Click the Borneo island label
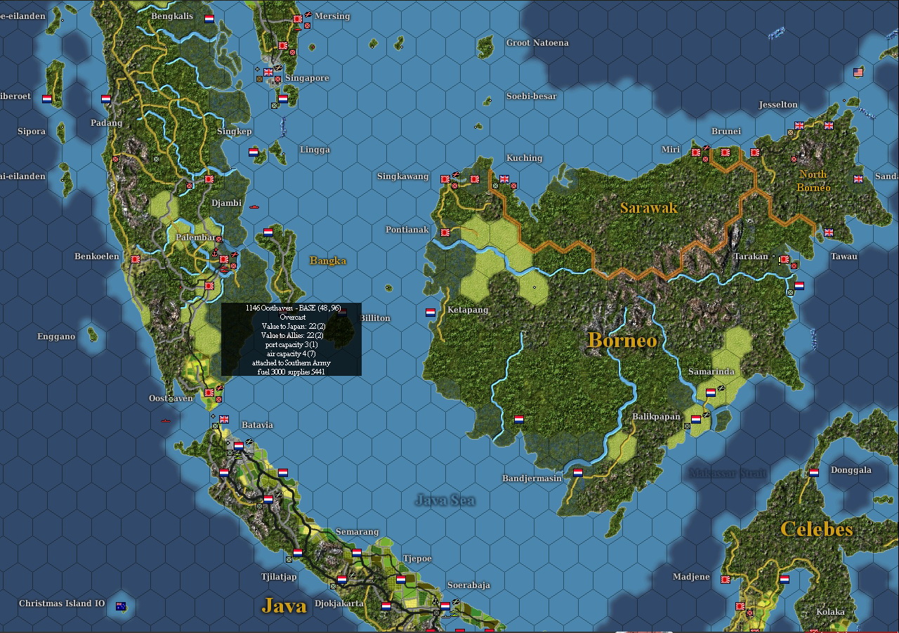tap(622, 341)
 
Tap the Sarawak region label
tap(649, 208)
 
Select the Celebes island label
tap(816, 529)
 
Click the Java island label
tap(284, 605)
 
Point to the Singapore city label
tap(307, 78)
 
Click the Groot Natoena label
tap(537, 43)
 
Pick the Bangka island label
tap(328, 261)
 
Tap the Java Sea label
tap(445, 500)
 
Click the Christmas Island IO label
tap(62, 603)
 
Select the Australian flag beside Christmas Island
tap(121, 606)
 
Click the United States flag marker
tap(858, 72)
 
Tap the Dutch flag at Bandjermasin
tap(578, 473)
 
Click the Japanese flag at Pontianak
tap(445, 233)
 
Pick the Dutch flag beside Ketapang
tap(431, 313)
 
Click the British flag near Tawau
tap(828, 233)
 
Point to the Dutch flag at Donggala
tap(814, 473)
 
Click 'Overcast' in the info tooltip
tap(291, 318)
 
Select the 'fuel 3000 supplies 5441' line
tap(291, 371)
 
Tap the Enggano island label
tap(56, 337)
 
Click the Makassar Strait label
tap(728, 473)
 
